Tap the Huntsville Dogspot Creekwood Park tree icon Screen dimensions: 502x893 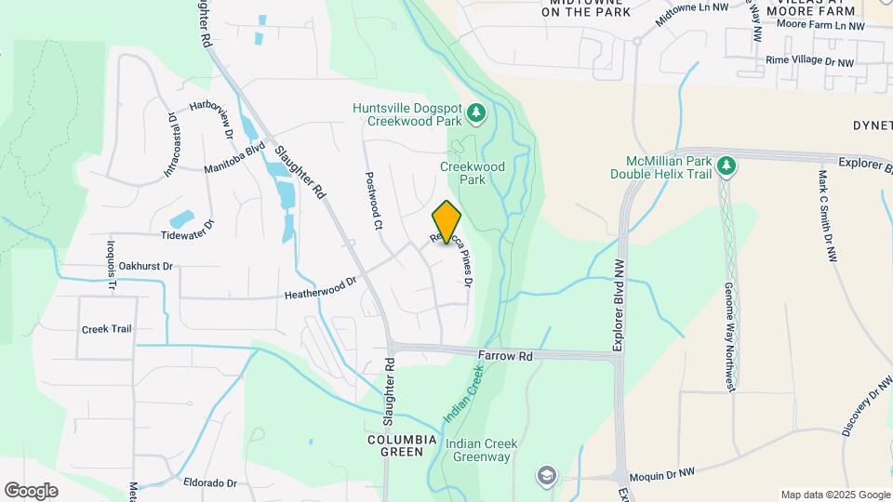[476, 113]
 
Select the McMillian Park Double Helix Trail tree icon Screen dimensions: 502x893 [726, 166]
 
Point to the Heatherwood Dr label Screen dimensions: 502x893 [321, 288]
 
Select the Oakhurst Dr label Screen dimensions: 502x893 [147, 266]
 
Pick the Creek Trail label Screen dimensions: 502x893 [107, 329]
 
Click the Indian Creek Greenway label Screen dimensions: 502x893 [478, 450]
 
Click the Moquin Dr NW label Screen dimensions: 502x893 [661, 474]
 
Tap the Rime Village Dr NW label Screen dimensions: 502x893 [809, 61]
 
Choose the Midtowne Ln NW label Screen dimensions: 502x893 [690, 13]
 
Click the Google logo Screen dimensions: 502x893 [31, 490]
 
